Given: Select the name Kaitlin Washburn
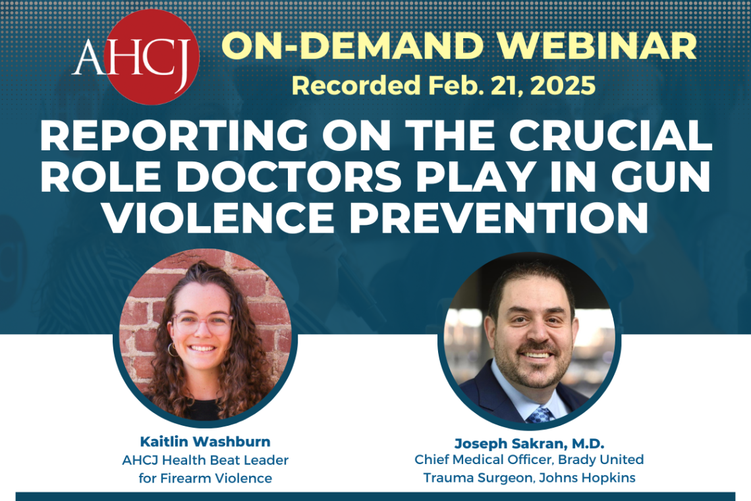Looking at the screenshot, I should (x=206, y=442).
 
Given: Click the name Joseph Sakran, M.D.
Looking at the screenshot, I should (x=529, y=443).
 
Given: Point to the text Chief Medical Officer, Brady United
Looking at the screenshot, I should (x=529, y=459).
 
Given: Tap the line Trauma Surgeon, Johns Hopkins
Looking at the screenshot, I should (x=529, y=478).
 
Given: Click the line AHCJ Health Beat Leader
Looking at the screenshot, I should (x=206, y=460).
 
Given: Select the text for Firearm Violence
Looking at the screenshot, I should (x=206, y=478).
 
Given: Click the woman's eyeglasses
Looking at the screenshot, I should (x=202, y=322).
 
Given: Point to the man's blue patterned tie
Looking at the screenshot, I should (x=539, y=415).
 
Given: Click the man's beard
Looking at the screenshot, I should (x=532, y=366).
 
